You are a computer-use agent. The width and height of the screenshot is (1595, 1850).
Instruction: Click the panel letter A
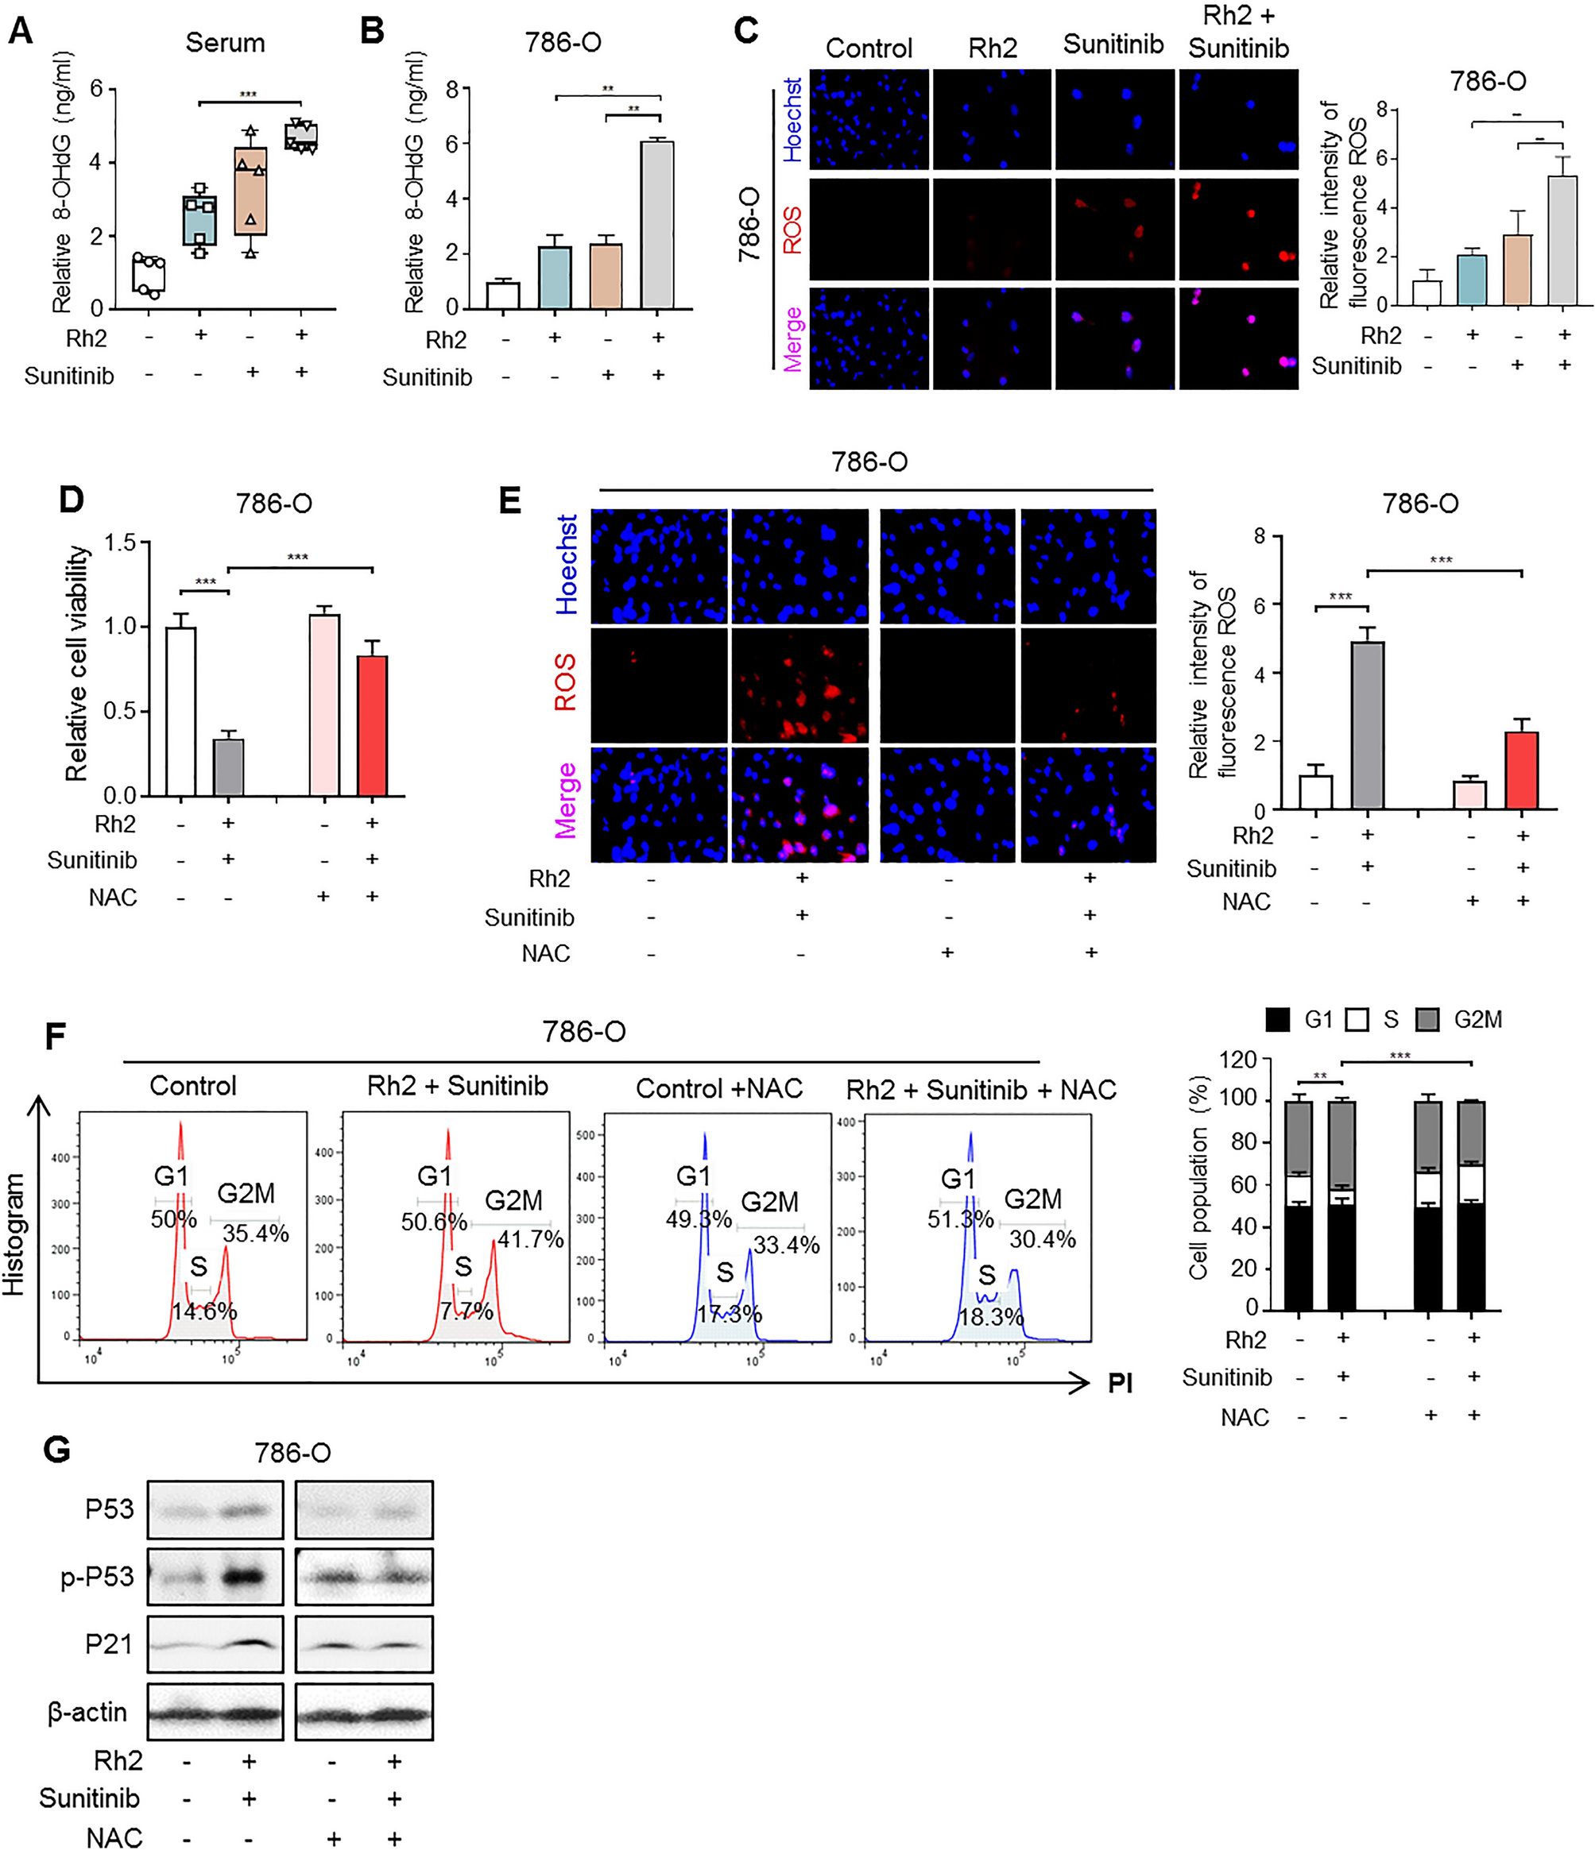(20, 32)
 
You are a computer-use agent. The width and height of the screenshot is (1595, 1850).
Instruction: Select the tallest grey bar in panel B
(658, 225)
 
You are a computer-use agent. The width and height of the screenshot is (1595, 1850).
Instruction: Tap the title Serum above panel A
(225, 43)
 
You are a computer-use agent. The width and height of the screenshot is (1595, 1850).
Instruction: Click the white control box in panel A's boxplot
(149, 275)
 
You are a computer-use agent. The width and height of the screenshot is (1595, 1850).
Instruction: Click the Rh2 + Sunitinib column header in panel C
(1238, 33)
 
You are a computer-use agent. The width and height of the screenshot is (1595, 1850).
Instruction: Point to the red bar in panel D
(373, 725)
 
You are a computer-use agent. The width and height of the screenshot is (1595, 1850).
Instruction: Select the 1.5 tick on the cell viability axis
(124, 543)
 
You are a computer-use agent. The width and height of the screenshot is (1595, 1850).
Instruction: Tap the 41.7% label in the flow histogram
(531, 1239)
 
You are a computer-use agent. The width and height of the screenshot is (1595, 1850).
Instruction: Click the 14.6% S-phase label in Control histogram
(204, 1311)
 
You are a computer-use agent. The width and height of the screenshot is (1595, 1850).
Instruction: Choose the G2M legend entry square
(1427, 1020)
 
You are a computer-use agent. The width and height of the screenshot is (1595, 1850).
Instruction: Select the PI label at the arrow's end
(1120, 1384)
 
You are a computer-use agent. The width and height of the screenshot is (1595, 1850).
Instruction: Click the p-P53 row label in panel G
(97, 1577)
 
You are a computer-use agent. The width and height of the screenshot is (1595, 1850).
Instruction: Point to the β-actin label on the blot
(87, 1713)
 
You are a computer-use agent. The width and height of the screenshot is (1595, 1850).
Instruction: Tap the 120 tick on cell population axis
(1238, 1060)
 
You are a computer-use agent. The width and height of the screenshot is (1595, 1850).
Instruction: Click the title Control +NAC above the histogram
(719, 1088)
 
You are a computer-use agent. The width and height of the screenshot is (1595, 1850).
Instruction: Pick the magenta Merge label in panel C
(792, 339)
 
